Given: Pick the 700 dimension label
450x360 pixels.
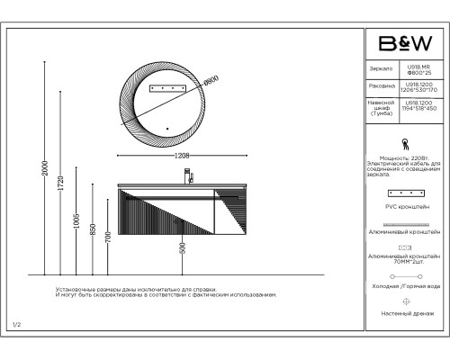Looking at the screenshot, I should point(108,238).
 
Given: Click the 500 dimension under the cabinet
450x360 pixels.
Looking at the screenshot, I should point(183,248).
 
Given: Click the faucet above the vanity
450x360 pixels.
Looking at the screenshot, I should point(190,176).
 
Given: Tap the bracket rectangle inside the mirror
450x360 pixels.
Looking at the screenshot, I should point(166,87).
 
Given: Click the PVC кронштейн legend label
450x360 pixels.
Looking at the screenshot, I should point(405,207).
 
